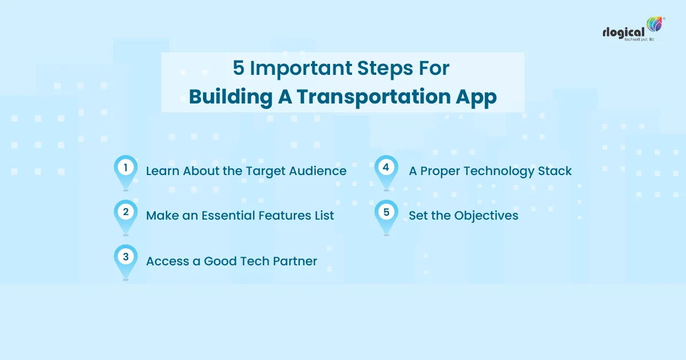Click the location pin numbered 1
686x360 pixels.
[125, 169]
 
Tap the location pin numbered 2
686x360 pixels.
[125, 214]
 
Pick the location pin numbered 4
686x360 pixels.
[386, 169]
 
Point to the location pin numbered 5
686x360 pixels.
[386, 214]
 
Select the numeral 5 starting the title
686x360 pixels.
[238, 69]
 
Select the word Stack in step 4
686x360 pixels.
[556, 171]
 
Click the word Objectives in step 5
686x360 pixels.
[486, 216]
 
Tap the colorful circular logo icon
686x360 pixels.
[655, 25]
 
